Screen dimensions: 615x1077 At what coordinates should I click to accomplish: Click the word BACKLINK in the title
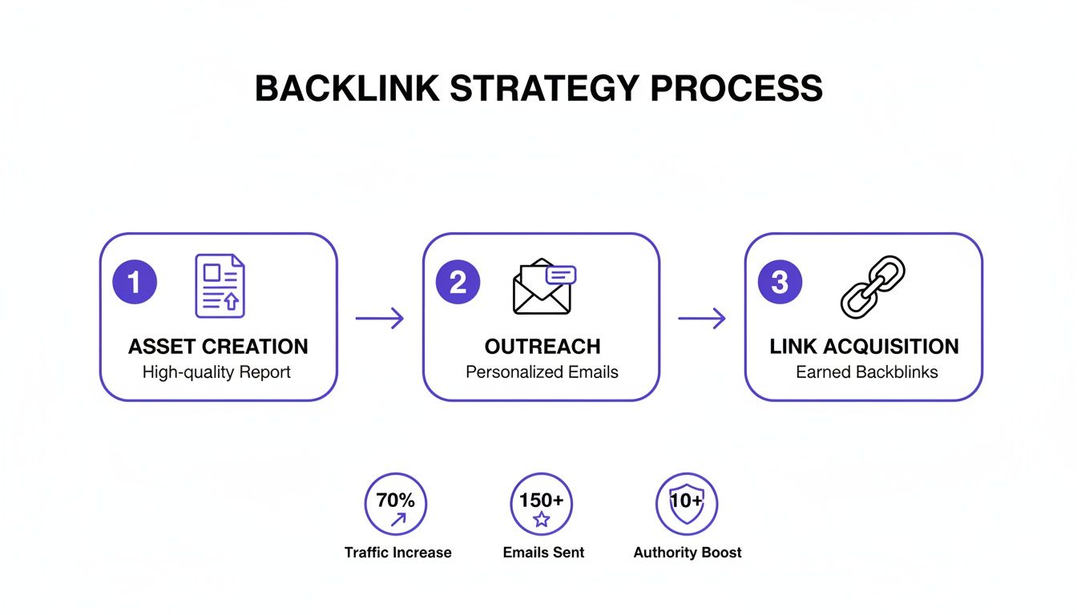pyautogui.click(x=347, y=89)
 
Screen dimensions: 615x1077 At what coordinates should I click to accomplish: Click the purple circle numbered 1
pyautogui.click(x=135, y=283)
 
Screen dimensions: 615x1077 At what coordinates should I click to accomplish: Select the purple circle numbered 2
pyautogui.click(x=458, y=283)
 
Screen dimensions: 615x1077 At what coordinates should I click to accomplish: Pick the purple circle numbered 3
pyautogui.click(x=780, y=283)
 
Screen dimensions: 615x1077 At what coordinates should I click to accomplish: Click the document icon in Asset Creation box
pyautogui.click(x=220, y=286)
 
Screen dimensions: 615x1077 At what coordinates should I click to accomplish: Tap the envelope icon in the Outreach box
pyautogui.click(x=543, y=287)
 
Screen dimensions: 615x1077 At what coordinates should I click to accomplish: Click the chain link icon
pyautogui.click(x=872, y=286)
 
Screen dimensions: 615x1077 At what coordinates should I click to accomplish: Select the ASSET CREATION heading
pyautogui.click(x=218, y=347)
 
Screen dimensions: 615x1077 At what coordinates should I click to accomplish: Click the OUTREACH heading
pyautogui.click(x=543, y=347)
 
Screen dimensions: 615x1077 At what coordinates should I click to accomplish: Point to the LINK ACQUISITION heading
pyautogui.click(x=864, y=347)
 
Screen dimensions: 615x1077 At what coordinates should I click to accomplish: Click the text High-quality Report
pyautogui.click(x=216, y=372)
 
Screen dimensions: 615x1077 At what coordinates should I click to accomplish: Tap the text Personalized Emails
pyautogui.click(x=542, y=372)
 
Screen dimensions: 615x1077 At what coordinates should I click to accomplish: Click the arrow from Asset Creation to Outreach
pyautogui.click(x=380, y=319)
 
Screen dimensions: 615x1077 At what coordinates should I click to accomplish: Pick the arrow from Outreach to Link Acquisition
pyautogui.click(x=702, y=319)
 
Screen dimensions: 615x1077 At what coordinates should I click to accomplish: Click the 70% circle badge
pyautogui.click(x=396, y=504)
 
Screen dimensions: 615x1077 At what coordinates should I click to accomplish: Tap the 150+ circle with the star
pyautogui.click(x=542, y=504)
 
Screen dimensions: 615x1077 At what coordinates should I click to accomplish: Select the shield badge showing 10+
pyautogui.click(x=687, y=504)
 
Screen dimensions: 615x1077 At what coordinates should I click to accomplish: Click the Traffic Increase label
pyautogui.click(x=397, y=553)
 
